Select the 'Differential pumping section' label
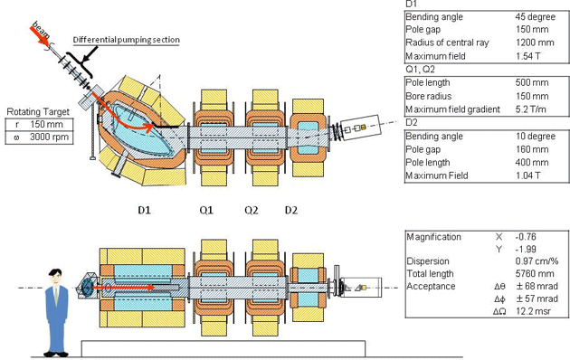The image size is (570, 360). (x=126, y=40)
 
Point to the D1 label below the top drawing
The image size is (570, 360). (x=144, y=209)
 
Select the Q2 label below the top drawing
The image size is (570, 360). (x=252, y=209)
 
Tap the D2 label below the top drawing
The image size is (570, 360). (x=291, y=209)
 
